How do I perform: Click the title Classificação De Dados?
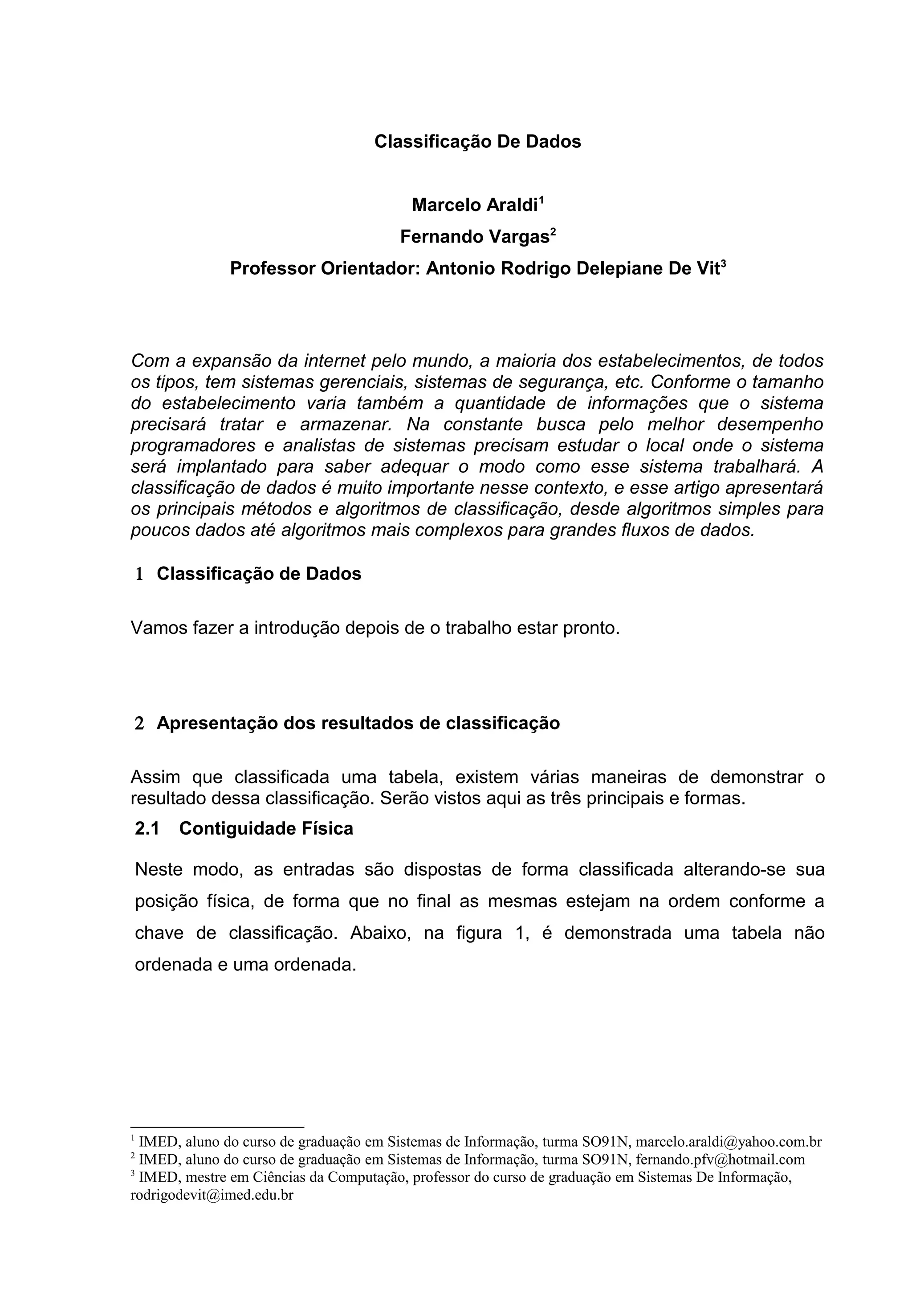[x=478, y=142]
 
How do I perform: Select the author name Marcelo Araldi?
[x=475, y=206]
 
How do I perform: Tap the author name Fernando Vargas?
[x=474, y=238]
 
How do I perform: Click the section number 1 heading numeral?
[x=139, y=574]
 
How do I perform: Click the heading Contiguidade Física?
[x=266, y=829]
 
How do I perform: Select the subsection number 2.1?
[x=147, y=829]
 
